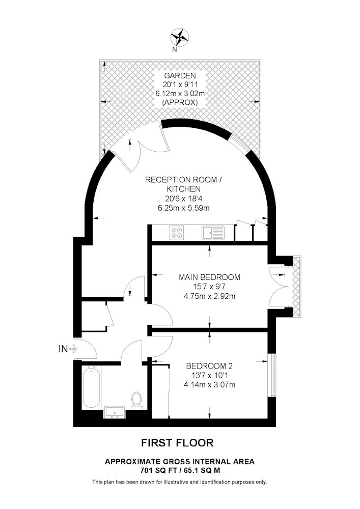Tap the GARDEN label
coord(180,76)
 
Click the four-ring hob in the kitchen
coord(177,232)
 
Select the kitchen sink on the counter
coord(213,233)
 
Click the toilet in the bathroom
coord(136,400)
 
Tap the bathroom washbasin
coord(115,412)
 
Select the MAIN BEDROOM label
coord(209,277)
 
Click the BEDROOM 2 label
coord(209,366)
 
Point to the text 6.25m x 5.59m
coord(183,208)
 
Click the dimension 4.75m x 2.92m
coord(209,296)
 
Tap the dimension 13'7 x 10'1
coord(209,376)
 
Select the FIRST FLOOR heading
coord(177,443)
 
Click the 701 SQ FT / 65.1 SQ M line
coord(180,470)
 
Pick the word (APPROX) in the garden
coord(180,103)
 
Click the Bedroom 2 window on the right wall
coord(273,375)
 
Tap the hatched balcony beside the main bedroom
coord(297,286)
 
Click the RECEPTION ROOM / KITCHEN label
coord(184,184)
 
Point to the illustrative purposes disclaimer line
coord(180,482)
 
